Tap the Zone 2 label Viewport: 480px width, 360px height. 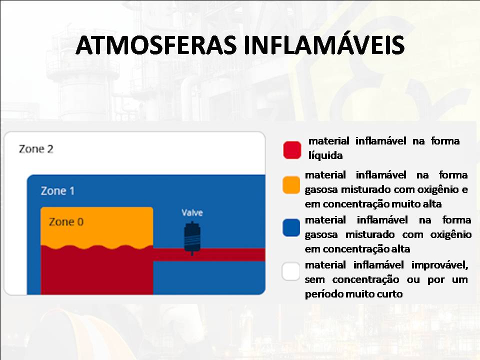coord(36,149)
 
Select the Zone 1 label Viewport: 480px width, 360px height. coord(57,191)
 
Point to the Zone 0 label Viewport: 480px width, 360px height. coord(66,222)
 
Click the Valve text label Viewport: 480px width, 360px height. coord(192,213)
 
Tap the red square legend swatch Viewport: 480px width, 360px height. coord(292,150)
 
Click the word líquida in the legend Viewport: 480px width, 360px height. coord(325,156)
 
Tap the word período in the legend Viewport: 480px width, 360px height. coord(324,294)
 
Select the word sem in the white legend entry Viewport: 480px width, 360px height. coord(315,279)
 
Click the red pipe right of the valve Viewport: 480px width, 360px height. coord(230,254)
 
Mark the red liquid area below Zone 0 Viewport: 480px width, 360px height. coord(95,272)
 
